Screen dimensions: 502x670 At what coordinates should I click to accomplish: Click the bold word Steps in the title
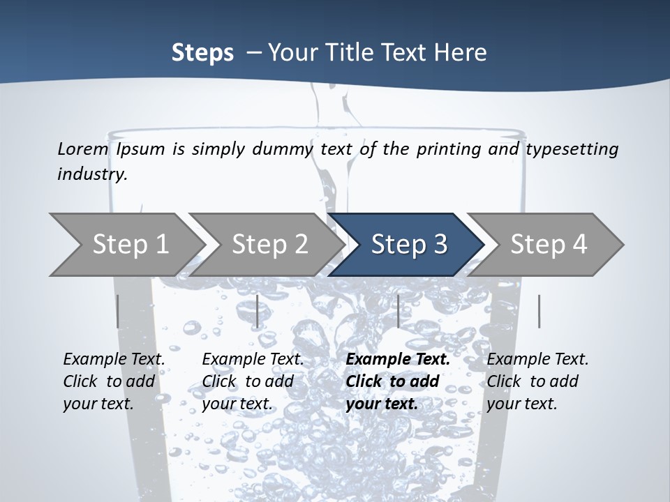click(x=202, y=52)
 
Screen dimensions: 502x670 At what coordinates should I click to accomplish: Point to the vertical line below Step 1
click(x=117, y=311)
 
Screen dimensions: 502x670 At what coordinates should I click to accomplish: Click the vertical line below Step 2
click(x=258, y=311)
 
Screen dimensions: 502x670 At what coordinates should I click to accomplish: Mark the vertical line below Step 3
click(x=398, y=311)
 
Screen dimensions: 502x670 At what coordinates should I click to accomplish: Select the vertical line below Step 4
click(x=539, y=311)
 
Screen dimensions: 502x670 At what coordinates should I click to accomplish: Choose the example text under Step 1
click(x=114, y=381)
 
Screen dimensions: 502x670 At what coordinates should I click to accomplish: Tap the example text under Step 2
click(x=253, y=381)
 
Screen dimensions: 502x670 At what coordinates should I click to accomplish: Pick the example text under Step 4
click(x=537, y=381)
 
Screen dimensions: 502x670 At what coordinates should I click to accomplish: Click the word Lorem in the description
click(x=83, y=149)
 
